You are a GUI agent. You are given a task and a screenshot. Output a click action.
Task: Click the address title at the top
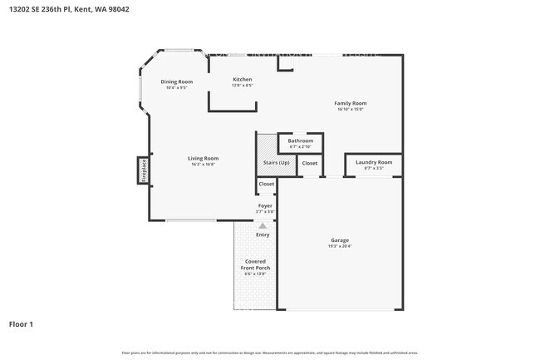point(70,8)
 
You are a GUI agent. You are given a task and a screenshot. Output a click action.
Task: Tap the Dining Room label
point(176,81)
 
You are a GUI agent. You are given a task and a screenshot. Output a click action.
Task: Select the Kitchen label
point(242,79)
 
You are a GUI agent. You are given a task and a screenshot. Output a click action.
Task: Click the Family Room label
point(351,103)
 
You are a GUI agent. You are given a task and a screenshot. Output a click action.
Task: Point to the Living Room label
point(202,158)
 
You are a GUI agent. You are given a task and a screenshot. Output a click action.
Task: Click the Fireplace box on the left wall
point(142,170)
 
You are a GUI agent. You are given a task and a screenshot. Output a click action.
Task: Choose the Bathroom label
point(300,141)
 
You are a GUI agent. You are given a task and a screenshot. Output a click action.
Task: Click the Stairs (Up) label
point(276,163)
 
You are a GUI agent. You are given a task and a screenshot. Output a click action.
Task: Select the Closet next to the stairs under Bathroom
point(309,163)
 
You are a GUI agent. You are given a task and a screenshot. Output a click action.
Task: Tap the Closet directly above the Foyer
point(267,184)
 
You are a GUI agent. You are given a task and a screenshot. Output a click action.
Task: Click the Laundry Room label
point(373,162)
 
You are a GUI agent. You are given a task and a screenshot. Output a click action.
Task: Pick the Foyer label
point(265,205)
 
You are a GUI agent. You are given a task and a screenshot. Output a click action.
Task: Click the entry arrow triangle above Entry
point(263,225)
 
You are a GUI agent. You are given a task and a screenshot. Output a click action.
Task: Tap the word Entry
point(263,234)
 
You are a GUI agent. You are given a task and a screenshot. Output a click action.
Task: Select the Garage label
point(340,240)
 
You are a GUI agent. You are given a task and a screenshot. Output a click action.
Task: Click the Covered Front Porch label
point(255,264)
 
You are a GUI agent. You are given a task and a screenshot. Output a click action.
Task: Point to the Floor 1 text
point(21,323)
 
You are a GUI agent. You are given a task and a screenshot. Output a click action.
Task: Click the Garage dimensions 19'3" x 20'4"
point(340,247)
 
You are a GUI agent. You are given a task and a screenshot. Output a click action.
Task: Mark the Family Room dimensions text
point(351,109)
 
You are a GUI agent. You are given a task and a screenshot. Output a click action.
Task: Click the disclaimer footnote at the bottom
point(270,353)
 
